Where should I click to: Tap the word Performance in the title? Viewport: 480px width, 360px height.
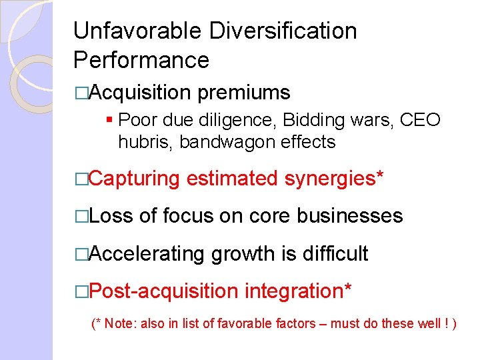pos(141,60)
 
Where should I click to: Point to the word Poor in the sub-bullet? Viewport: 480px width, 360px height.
pos(137,121)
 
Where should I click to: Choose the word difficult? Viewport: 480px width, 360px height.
pos(335,253)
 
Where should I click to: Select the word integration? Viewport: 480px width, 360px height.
pos(298,291)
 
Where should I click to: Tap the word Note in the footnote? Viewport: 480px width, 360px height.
pos(119,324)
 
